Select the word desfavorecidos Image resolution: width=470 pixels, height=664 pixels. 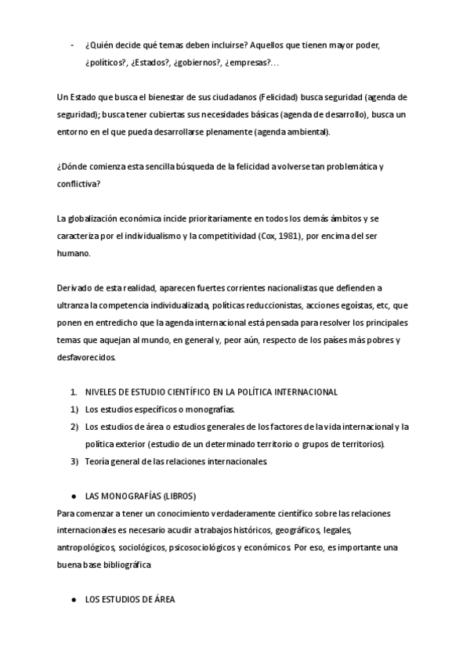[x=87, y=356]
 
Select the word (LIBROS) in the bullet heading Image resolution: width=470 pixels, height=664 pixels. [x=175, y=496]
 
